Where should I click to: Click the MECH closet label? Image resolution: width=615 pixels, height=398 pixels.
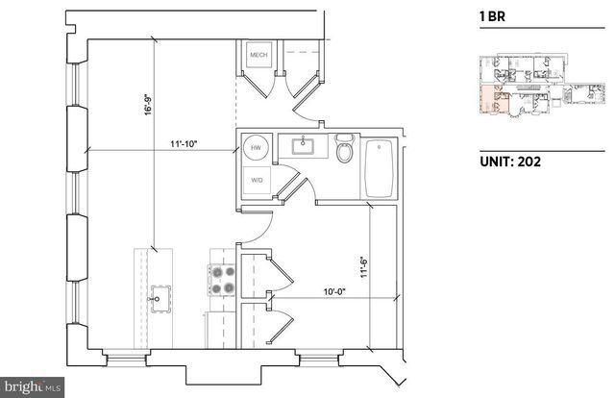coord(258,56)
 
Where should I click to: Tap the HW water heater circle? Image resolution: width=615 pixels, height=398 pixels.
coord(257,149)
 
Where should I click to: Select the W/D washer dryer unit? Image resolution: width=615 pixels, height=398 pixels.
coord(257,180)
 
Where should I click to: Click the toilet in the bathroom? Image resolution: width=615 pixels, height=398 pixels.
coord(345,150)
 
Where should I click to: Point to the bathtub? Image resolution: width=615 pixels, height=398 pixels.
coord(381,169)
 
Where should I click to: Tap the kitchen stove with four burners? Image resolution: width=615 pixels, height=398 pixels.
coord(223,280)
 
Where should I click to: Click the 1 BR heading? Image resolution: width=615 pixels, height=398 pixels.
coord(491,15)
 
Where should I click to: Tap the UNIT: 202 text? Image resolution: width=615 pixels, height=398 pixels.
coord(509,162)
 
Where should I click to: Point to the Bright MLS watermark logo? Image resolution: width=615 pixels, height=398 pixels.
coord(34,386)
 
